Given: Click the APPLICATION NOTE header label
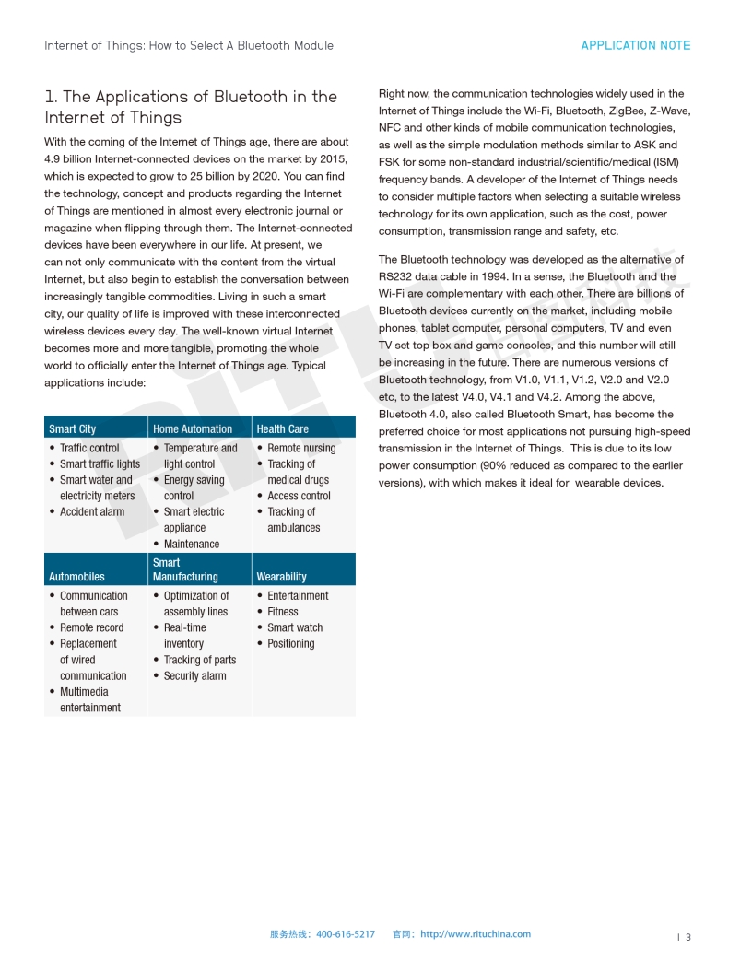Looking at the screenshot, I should [635, 45].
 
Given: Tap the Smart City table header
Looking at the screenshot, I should [73, 428].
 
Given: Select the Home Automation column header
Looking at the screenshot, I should [193, 428].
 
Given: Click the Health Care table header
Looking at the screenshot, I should [283, 428].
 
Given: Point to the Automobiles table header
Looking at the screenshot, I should [76, 577].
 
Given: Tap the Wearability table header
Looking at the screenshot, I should [282, 577].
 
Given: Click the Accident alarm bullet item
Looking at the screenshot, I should [92, 511].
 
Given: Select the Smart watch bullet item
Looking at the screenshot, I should [295, 627].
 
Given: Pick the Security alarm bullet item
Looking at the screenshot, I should [194, 675].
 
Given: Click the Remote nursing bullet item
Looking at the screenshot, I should [301, 448].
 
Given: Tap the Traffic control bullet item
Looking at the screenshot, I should [89, 448].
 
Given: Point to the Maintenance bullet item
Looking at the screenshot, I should [192, 544].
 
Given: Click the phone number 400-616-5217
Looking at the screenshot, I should [346, 934].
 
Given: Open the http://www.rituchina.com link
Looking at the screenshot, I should [476, 934].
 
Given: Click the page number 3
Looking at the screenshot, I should [687, 938].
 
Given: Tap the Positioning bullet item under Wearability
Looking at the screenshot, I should [291, 643].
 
